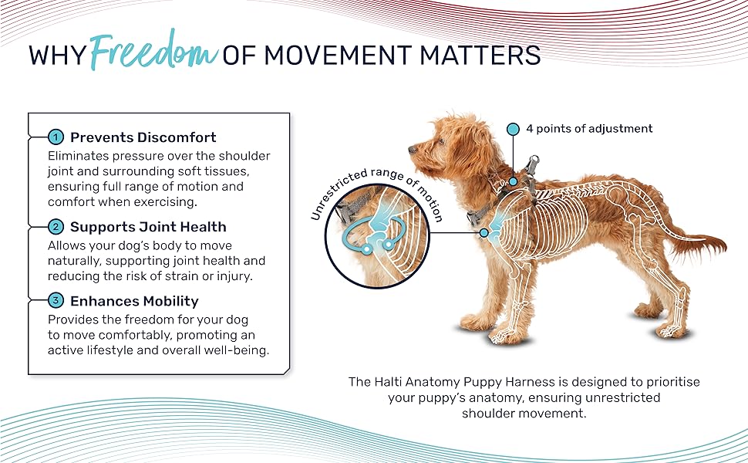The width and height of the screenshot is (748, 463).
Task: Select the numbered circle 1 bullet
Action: pos(56,137)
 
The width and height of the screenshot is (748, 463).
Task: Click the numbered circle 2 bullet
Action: pos(56,227)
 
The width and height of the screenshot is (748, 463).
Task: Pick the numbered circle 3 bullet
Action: pos(56,301)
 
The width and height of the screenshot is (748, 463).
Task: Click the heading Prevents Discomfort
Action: pos(143,137)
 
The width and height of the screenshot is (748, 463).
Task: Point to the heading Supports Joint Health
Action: pos(148,227)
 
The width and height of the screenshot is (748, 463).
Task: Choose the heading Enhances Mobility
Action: pos(134,301)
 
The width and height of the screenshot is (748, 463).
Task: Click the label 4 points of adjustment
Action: pos(589,129)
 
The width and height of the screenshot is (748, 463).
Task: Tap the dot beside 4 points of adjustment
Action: pos(513,129)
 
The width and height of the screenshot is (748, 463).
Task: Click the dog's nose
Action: pos(412,150)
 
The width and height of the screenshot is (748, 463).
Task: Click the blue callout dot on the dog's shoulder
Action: pos(484,233)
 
